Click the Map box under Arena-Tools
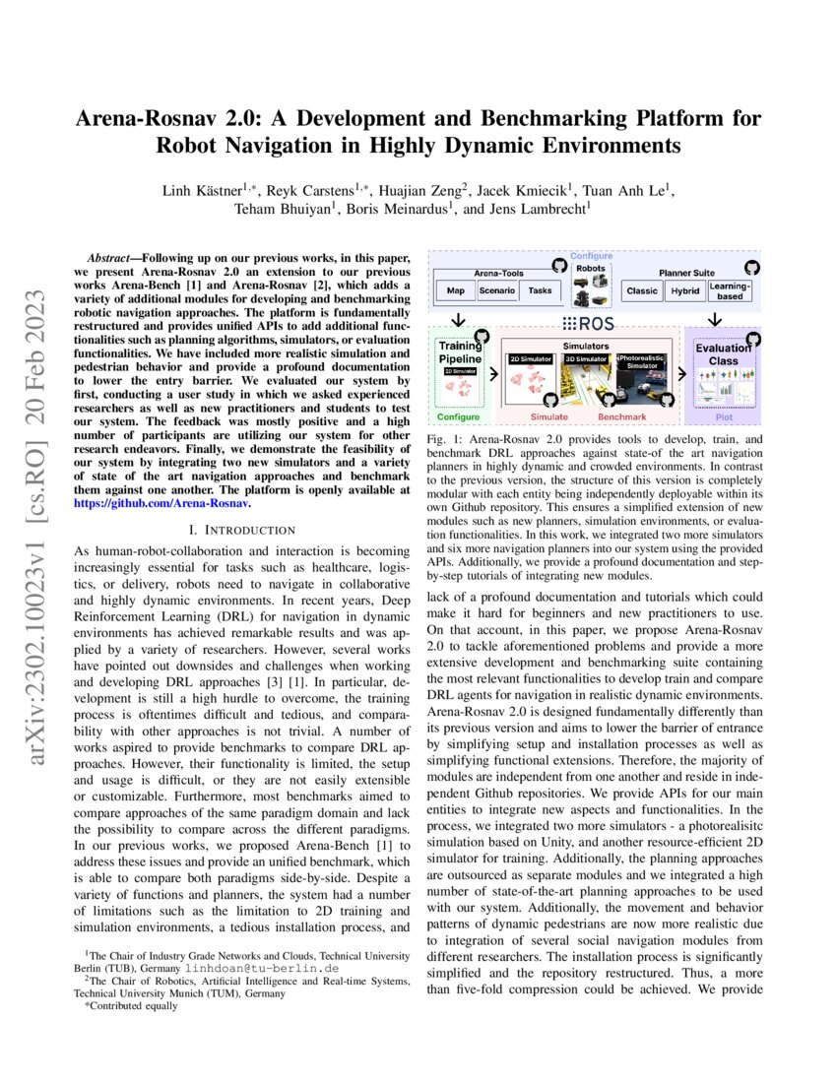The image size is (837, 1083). tap(455, 291)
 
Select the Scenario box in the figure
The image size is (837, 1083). tap(498, 291)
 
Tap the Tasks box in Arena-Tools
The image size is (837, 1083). tap(540, 291)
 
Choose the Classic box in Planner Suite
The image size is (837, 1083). tap(643, 291)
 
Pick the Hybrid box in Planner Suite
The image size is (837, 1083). tap(684, 291)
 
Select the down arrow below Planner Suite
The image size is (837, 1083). tap(717, 321)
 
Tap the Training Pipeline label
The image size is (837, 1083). tap(459, 352)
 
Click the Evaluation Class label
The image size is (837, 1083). tap(723, 354)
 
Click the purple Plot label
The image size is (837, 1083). tap(723, 416)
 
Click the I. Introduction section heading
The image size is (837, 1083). tap(241, 530)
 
